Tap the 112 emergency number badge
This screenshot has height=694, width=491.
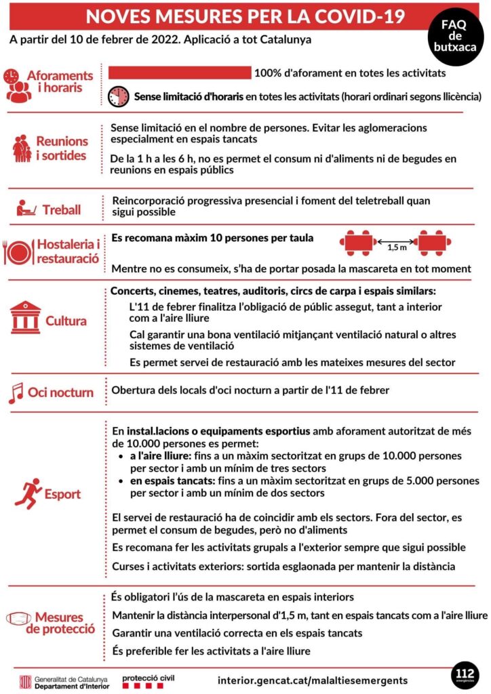point(465,674)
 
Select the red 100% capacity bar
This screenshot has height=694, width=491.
point(180,73)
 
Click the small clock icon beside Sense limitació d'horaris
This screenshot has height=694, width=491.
point(119,96)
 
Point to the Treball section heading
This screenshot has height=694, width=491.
point(62,209)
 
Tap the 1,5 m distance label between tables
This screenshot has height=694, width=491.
point(397,248)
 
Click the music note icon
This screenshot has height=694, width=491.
point(15,392)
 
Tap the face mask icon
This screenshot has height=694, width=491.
point(18,618)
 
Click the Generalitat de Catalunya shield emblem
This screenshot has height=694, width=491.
point(25,680)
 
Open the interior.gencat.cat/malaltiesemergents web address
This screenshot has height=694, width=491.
point(313,680)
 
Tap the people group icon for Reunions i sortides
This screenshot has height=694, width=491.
point(22,148)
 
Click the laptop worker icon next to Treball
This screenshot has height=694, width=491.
point(26,207)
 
